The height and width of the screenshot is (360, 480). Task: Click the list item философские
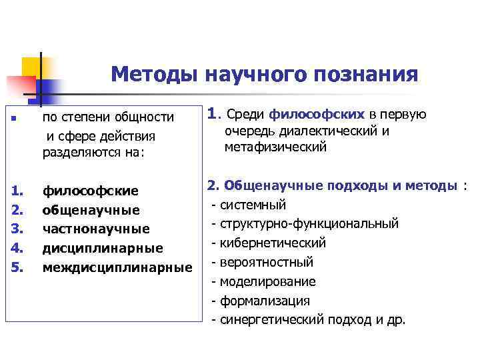pyautogui.click(x=91, y=191)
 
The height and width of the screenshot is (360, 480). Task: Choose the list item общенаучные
pyautogui.click(x=91, y=211)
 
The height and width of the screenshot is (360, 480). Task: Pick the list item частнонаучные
pyautogui.click(x=96, y=229)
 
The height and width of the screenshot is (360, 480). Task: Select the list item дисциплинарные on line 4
pyautogui.click(x=103, y=249)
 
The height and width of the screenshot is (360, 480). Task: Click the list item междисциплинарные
pyautogui.click(x=117, y=268)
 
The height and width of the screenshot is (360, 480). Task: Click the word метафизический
pyautogui.click(x=275, y=147)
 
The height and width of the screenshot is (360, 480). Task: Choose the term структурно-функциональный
pyautogui.click(x=309, y=223)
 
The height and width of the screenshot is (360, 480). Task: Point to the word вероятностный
pyautogui.click(x=267, y=262)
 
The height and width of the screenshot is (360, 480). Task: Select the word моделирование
pyautogui.click(x=268, y=281)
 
